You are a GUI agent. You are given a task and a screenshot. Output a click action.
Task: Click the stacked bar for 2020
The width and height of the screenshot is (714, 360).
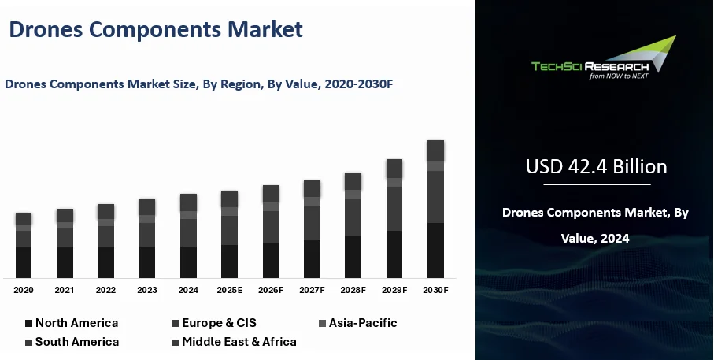[x=24, y=245]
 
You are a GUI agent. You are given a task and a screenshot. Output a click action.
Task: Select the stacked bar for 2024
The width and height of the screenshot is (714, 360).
[x=188, y=236]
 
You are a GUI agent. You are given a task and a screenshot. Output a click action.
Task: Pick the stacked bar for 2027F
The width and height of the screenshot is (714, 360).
[x=312, y=228]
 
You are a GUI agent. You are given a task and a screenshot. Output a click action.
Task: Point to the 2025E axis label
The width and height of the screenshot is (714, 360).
[x=229, y=291]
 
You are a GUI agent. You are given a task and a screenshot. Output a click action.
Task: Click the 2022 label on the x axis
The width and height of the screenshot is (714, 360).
[x=105, y=291]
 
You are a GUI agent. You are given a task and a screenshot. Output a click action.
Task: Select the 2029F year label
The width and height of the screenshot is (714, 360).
[x=394, y=291]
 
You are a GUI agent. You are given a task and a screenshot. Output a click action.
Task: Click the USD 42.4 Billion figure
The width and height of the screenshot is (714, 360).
[x=596, y=167]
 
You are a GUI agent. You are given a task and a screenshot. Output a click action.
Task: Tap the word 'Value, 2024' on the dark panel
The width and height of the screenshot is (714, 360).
[x=595, y=237]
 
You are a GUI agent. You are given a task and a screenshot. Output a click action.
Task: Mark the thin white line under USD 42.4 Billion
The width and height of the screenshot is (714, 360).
[x=596, y=184]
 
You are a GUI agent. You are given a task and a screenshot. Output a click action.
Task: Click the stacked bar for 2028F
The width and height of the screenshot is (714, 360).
[x=353, y=225]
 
